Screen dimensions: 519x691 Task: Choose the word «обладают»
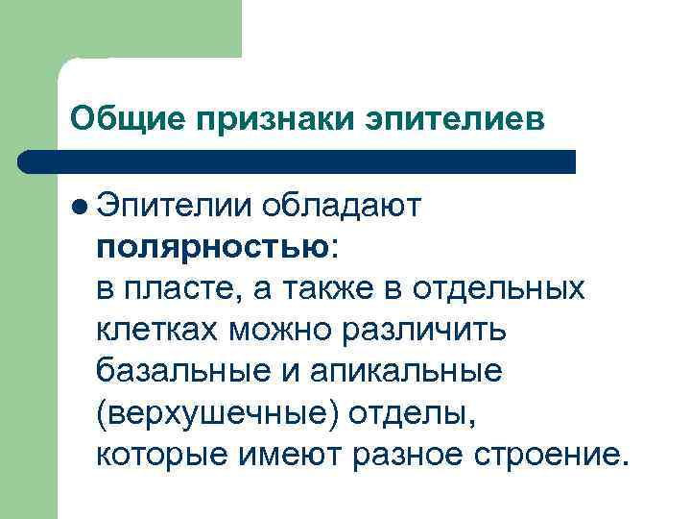click(348, 203)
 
